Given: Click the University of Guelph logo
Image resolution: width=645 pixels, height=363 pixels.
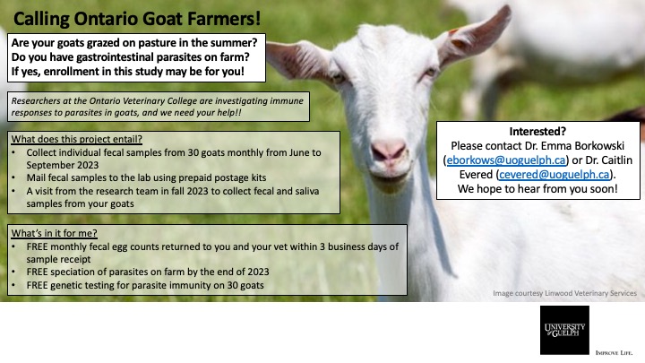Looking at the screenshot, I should (564, 330).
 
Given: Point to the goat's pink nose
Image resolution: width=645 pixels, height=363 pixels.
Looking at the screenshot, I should (389, 150).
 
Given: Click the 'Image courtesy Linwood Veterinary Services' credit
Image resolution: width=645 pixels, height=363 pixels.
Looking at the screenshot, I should (564, 293).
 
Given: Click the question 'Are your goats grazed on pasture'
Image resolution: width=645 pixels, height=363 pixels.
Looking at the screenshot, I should (134, 43).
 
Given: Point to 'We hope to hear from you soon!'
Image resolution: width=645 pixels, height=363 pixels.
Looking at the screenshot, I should (537, 190).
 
